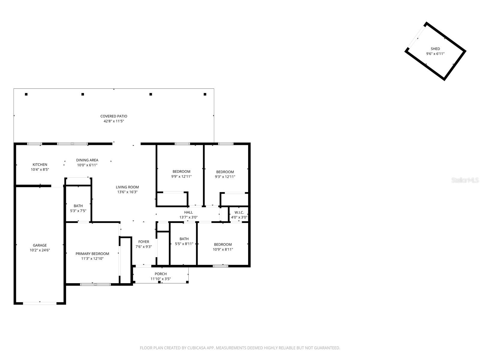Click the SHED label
(435, 49)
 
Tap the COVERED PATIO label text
(114, 116)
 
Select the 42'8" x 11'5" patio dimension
(114, 121)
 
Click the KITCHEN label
(40, 164)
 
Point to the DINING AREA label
(87, 160)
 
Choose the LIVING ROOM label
(127, 187)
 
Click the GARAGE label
(40, 245)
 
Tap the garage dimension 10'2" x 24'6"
(40, 250)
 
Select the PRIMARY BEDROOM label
(92, 253)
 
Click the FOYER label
(144, 241)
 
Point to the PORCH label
(160, 274)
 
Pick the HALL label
(188, 212)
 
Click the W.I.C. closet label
(239, 212)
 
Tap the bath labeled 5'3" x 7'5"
(78, 208)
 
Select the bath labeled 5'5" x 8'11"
(184, 241)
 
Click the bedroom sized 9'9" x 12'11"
(181, 174)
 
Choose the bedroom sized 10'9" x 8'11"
(223, 247)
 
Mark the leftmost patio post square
(26, 94)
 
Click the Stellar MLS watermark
(465, 180)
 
